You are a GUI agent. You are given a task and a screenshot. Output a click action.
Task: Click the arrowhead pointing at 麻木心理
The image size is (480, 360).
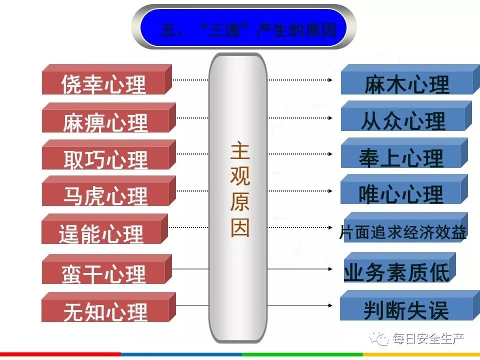(x=331, y=79)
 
